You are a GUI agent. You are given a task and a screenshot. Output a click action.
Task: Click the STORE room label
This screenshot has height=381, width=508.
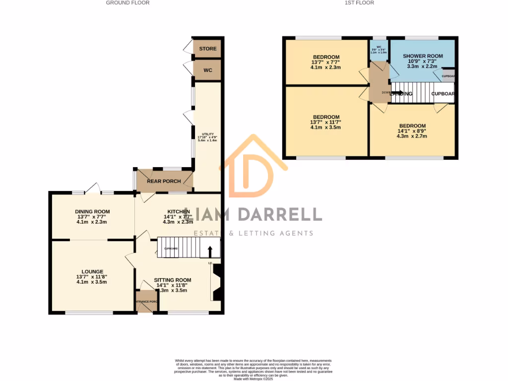(208, 49)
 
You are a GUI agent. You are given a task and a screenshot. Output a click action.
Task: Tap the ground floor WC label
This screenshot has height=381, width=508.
(208, 70)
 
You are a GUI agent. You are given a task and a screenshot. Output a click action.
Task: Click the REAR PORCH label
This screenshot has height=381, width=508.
(164, 182)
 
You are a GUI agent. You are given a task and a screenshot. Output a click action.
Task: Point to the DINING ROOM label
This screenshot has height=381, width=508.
(92, 212)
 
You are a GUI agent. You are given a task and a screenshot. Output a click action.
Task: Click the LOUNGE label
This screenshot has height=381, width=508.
(92, 272)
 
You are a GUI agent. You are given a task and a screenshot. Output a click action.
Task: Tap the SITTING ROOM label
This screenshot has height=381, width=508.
(172, 280)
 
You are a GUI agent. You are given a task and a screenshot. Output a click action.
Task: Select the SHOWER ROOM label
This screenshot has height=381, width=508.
(423, 56)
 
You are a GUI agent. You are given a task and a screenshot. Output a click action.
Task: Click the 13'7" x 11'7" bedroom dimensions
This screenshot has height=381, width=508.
(325, 123)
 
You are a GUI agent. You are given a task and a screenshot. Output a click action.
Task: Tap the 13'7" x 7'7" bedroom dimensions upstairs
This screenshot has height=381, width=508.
(325, 62)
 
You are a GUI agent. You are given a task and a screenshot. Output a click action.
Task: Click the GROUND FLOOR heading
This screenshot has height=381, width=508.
(127, 3)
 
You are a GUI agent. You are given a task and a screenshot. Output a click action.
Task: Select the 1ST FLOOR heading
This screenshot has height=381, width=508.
(359, 3)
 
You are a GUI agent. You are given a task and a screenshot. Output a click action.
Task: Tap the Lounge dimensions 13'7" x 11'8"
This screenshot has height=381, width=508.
(92, 277)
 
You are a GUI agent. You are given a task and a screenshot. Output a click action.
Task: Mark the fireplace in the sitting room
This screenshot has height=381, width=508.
(216, 283)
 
